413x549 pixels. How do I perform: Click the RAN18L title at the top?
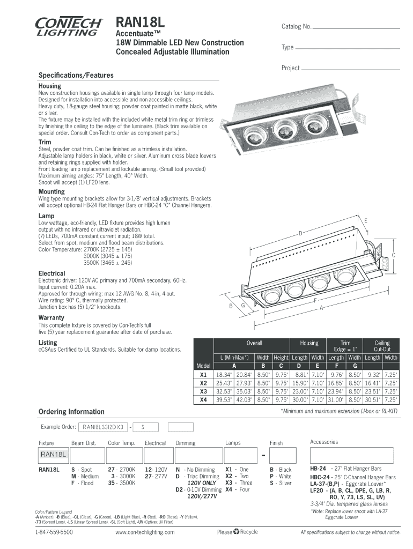tap(141, 23)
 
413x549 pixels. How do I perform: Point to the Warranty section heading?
tap(51, 317)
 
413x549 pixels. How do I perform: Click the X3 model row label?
tap(203, 391)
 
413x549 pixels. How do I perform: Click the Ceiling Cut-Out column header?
tap(381, 346)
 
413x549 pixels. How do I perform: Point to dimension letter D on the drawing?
tap(301, 233)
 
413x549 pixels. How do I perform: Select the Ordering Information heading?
tap(71, 411)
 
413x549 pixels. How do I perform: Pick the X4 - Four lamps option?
tap(237, 489)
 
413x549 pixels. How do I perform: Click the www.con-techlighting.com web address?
tap(145, 532)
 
